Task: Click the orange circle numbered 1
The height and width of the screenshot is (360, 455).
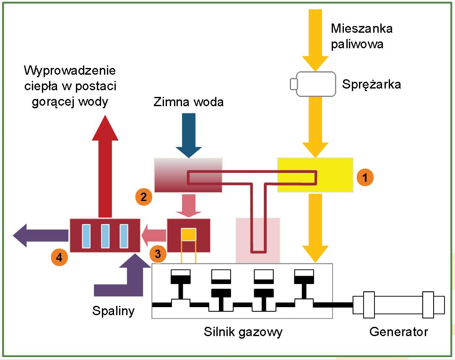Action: click(x=365, y=177)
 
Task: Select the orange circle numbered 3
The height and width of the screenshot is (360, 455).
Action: click(x=157, y=253)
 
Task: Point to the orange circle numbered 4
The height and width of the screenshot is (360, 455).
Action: click(x=59, y=257)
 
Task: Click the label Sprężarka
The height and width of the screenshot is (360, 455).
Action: click(x=371, y=84)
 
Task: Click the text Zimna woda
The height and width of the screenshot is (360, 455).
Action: click(x=189, y=102)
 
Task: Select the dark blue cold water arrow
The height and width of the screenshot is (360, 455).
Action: click(x=189, y=134)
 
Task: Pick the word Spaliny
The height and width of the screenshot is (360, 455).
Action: click(x=113, y=311)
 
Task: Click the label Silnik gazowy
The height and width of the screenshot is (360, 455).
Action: click(x=243, y=332)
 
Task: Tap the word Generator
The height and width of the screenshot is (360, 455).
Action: click(x=398, y=332)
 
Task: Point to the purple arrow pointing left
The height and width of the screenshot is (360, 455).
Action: click(x=40, y=235)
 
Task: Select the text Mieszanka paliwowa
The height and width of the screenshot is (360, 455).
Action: click(x=361, y=36)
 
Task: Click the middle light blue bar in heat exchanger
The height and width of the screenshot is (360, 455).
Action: click(x=105, y=236)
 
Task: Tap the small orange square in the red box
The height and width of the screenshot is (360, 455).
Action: click(x=189, y=234)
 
